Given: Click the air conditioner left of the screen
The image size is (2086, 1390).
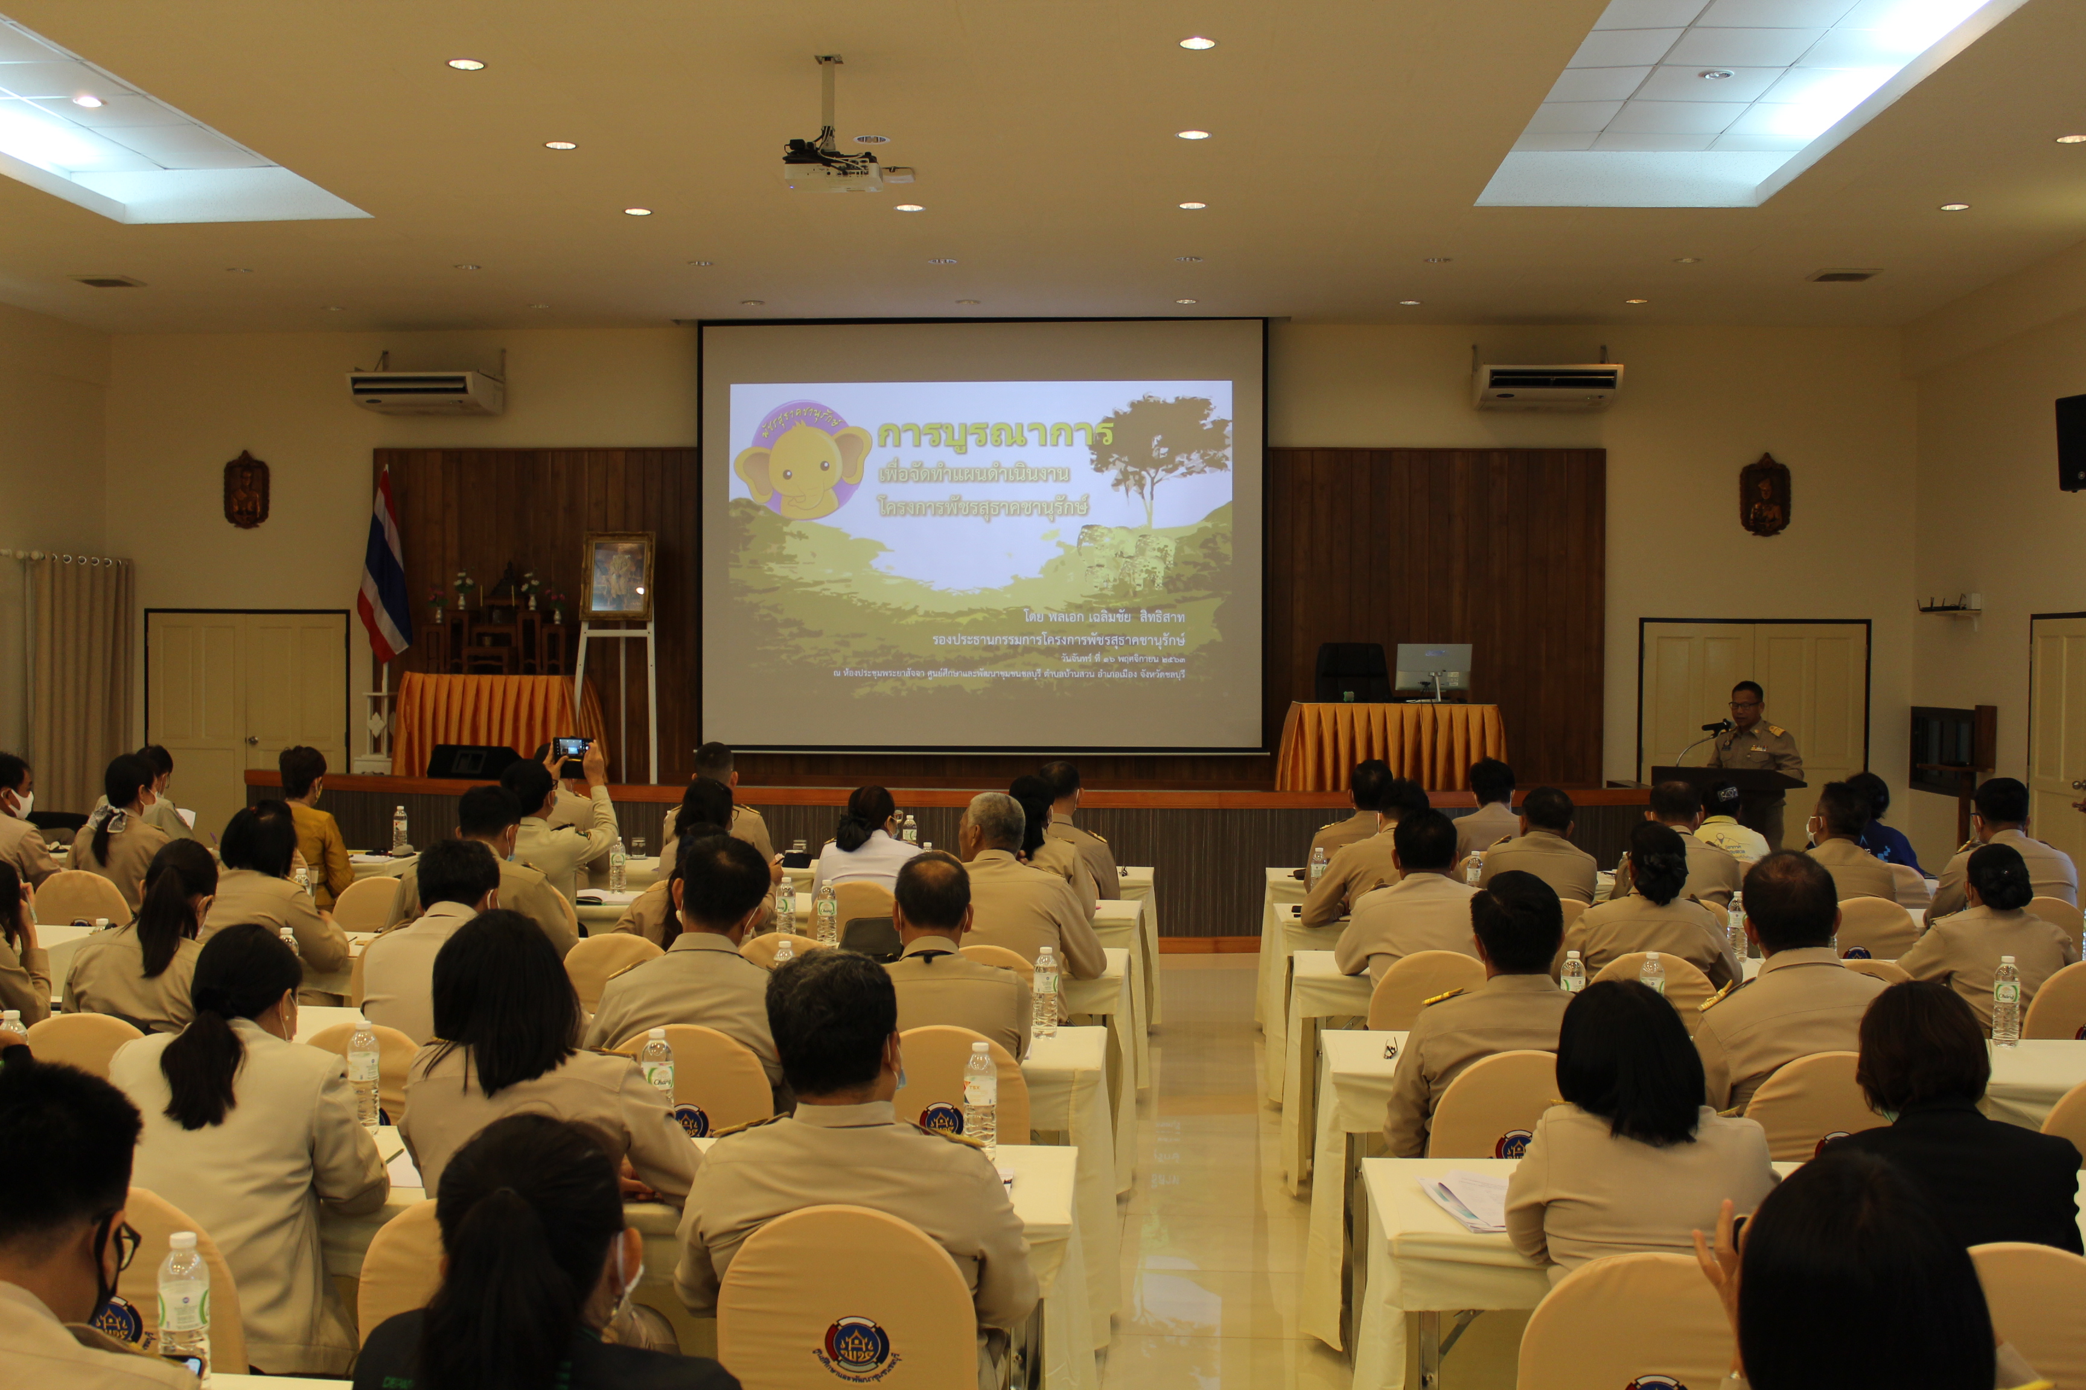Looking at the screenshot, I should (426, 391).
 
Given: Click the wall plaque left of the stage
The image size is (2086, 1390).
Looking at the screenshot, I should (246, 489).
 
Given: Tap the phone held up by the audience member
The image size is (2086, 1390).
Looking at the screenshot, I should (570, 748).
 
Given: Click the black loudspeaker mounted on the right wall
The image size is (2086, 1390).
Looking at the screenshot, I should (2071, 442).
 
